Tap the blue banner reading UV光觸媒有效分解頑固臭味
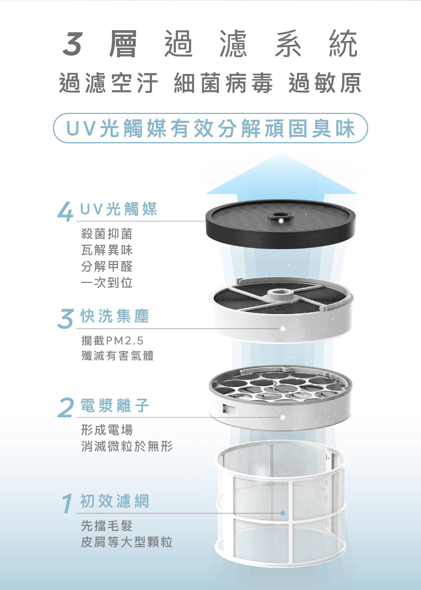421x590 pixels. [210, 128]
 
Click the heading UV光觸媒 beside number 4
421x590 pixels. [119, 209]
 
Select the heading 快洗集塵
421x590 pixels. [115, 316]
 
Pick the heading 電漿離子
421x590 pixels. [115, 405]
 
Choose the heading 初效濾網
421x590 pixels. [115, 501]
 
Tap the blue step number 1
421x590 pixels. [67, 503]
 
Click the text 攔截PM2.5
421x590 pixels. [112, 341]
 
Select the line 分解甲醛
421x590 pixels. [107, 266]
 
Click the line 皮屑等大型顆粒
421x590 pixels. [127, 542]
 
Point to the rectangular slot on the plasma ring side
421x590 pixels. [230, 409]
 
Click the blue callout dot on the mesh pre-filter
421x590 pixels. [283, 513]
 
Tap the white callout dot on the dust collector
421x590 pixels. [283, 328]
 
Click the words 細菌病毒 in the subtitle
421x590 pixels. [223, 83]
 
